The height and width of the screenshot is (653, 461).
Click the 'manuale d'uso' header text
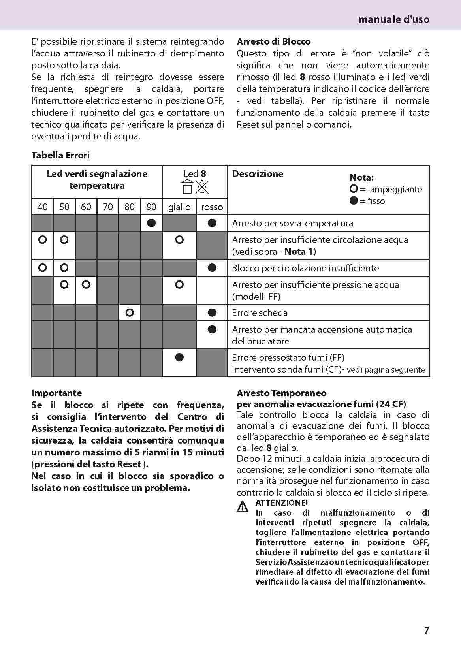pyautogui.click(x=393, y=19)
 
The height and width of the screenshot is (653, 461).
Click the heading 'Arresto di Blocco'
pyautogui.click(x=273, y=41)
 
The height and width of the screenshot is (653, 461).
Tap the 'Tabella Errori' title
pyautogui.click(x=60, y=155)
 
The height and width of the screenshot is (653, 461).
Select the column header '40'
pyautogui.click(x=42, y=207)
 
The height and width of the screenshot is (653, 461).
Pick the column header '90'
pyautogui.click(x=151, y=207)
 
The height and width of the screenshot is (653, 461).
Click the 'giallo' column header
pyautogui.click(x=179, y=207)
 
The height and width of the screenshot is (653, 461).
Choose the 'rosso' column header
pyautogui.click(x=212, y=207)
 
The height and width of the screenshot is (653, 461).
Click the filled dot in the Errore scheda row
pyautogui.click(x=212, y=313)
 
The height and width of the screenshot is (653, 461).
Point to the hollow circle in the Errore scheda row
pyautogui.click(x=130, y=313)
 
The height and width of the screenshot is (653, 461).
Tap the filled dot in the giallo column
pyautogui.click(x=179, y=358)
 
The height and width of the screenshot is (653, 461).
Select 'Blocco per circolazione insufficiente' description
pyautogui.click(x=305, y=268)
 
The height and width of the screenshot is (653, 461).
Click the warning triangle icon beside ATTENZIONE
pyautogui.click(x=243, y=506)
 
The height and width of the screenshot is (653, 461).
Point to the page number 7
pyautogui.click(x=426, y=630)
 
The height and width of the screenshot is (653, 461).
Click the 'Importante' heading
pyautogui.click(x=56, y=393)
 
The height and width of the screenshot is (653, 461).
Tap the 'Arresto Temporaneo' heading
pyautogui.click(x=281, y=393)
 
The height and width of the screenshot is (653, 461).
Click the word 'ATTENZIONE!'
pyautogui.click(x=281, y=503)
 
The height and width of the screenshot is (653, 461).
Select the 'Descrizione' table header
pyautogui.click(x=258, y=174)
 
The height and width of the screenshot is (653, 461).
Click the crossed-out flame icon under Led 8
pyautogui.click(x=202, y=187)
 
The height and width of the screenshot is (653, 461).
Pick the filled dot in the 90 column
pyautogui.click(x=151, y=223)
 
